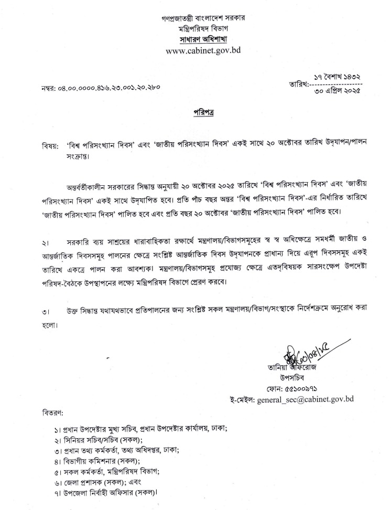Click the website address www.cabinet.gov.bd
click(x=203, y=51)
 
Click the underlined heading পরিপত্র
click(x=203, y=113)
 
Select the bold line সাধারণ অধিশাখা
click(x=203, y=39)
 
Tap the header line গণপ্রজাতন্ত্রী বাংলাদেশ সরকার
click(x=203, y=18)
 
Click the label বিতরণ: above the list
click(x=53, y=413)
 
